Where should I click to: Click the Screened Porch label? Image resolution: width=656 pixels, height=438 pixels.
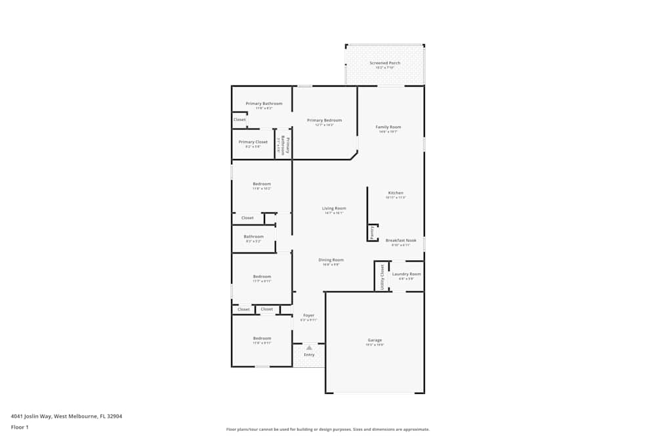(x=384, y=63)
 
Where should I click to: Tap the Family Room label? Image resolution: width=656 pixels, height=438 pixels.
(x=388, y=127)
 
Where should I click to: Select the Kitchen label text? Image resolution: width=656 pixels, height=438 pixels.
(x=396, y=193)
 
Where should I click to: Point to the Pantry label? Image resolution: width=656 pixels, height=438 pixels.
(x=372, y=231)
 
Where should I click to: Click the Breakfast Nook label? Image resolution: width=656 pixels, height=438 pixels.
(x=400, y=240)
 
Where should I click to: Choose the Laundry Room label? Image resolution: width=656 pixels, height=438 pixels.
(x=406, y=274)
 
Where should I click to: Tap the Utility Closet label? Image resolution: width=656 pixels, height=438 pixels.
(x=382, y=276)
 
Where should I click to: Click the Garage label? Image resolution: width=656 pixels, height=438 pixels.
(x=375, y=340)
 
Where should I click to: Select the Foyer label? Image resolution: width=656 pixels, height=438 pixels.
(x=308, y=316)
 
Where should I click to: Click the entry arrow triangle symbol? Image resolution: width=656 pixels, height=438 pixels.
(x=309, y=347)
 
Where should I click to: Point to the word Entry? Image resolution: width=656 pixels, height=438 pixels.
(x=309, y=355)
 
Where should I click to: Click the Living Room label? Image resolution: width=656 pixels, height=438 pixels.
(x=334, y=208)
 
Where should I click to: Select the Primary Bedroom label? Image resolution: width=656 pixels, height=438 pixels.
(x=324, y=120)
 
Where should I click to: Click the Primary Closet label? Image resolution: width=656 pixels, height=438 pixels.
(x=253, y=142)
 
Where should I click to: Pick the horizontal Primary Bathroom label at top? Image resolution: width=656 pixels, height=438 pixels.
(x=264, y=104)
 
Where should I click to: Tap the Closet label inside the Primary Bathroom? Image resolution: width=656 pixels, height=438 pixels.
(x=239, y=120)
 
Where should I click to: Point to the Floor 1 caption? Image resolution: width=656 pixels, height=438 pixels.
(x=20, y=427)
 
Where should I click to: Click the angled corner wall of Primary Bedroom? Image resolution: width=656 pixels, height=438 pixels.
(x=354, y=156)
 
